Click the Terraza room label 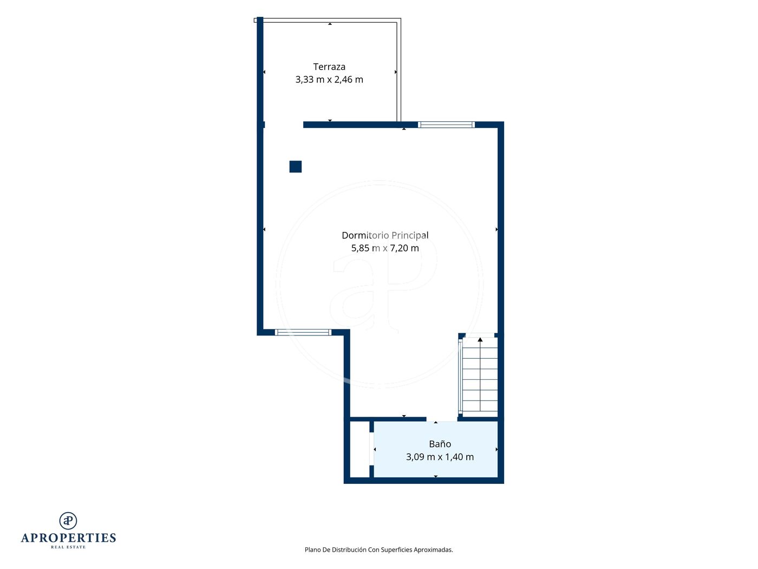[x=329, y=67]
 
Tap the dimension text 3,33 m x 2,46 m [x=329, y=80]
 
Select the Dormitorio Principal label [x=385, y=236]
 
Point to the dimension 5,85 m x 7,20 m [x=385, y=248]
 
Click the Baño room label [x=440, y=444]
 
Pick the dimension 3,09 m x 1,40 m [x=440, y=457]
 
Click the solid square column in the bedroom [x=295, y=166]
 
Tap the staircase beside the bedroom [x=480, y=377]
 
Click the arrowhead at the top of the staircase [x=480, y=340]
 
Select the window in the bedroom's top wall [x=446, y=125]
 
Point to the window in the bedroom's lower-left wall [x=303, y=332]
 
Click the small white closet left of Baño [x=360, y=449]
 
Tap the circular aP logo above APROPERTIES [x=68, y=521]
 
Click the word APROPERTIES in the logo [x=68, y=538]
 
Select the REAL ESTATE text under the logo [x=68, y=547]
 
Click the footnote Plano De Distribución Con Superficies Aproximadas [x=379, y=549]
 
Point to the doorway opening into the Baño [x=442, y=419]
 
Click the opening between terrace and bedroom [x=284, y=125]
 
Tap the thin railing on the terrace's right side [x=398, y=71]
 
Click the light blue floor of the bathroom [x=436, y=449]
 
